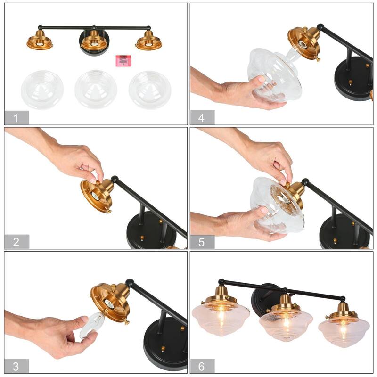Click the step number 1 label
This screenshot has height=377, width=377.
coord(16,118)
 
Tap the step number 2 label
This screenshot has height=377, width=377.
coord(16,242)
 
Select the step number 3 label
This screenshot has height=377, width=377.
coord(16,366)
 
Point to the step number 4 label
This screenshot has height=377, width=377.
coord(202,118)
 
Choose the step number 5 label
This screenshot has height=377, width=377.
coord(202,242)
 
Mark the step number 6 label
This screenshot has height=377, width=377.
coord(202,366)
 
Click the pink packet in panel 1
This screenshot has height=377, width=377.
coord(123,61)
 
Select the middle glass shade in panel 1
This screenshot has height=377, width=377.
coord(96,89)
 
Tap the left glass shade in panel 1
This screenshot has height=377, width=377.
coord(42,90)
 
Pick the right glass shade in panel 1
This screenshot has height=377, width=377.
coord(150,90)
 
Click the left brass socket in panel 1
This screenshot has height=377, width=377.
coord(40,40)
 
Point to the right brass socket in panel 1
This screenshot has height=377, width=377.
coord(148,41)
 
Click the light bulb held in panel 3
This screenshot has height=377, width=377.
coord(90,325)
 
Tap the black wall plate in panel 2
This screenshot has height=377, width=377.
coord(152,230)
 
